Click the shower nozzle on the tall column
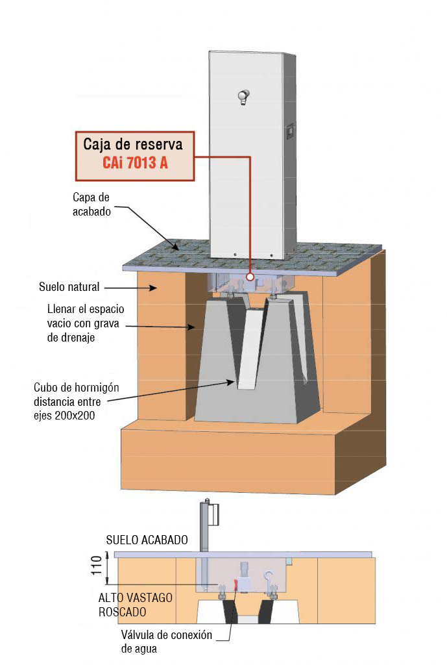coord(243,97)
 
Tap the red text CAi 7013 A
coord(135,163)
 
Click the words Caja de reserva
coord(133,144)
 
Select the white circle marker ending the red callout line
coord(250,277)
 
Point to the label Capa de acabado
coord(91,204)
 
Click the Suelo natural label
coord(69,286)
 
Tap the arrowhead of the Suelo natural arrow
coord(152,288)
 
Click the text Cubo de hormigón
coord(77,387)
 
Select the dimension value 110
coord(97,566)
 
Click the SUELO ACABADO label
coord(147,540)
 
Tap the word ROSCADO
coord(123,612)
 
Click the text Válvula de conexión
coord(167,635)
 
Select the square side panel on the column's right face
coord(290,132)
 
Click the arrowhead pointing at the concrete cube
coord(230,382)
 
